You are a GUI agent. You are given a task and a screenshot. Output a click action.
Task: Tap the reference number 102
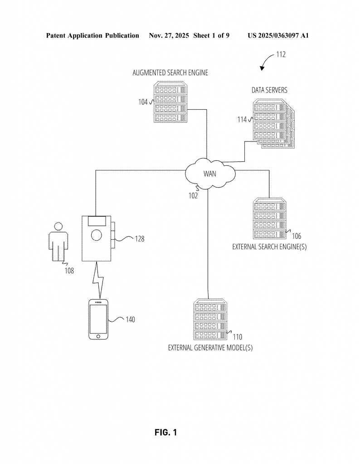[193, 196]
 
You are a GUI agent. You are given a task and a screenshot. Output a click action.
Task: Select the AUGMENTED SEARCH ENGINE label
[170, 73]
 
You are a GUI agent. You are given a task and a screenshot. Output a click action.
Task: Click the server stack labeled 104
[170, 102]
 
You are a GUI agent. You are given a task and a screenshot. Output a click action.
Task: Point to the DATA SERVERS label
[269, 90]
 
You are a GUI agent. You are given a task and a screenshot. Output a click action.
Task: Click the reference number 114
[242, 120]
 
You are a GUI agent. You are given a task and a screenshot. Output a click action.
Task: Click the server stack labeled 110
[210, 320]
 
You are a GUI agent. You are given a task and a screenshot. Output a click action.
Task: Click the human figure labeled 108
[58, 242]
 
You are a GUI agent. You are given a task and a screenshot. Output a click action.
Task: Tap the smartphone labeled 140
[98, 319]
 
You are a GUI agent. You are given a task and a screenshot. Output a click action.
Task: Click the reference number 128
[139, 239]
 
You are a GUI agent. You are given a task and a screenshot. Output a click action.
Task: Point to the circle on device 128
[97, 235]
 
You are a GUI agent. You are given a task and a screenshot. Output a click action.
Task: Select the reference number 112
[281, 55]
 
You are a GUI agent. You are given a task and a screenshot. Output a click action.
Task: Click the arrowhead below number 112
[262, 68]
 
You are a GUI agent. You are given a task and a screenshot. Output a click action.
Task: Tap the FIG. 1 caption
[166, 433]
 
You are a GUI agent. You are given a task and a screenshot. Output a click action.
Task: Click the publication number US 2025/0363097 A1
[278, 35]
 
